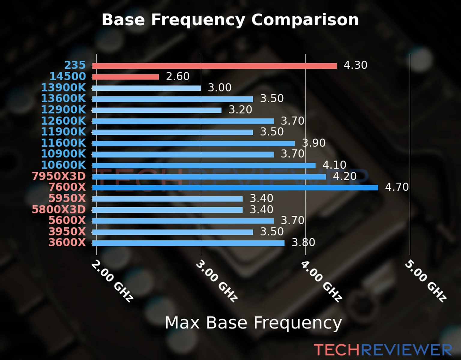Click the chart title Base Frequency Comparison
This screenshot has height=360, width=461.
[230, 20]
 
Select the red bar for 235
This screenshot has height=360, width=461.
[214, 66]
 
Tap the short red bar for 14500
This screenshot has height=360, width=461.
[125, 77]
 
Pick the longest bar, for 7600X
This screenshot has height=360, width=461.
[235, 188]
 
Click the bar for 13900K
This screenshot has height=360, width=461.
[146, 88]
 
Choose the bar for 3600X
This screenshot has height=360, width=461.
[188, 243]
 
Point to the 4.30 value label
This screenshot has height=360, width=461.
[355, 65]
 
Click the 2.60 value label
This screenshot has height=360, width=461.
[178, 76]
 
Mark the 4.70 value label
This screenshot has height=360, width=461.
[397, 187]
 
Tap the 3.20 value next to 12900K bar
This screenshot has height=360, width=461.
[240, 110]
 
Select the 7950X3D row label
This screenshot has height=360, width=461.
[59, 176]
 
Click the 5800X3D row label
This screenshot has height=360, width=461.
[59, 209]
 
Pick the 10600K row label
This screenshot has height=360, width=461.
[63, 165]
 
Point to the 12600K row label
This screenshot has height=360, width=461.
[63, 121]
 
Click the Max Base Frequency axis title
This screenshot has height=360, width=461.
[253, 323]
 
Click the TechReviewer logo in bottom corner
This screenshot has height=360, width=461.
[383, 350]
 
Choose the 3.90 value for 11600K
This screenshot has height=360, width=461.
[314, 143]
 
